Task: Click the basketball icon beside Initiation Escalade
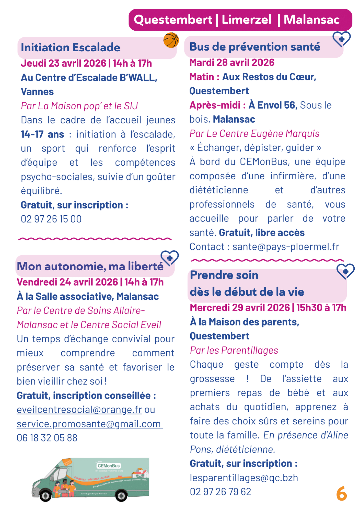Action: click(x=171, y=40)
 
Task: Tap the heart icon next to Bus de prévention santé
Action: click(x=341, y=39)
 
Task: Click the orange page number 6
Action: click(x=341, y=494)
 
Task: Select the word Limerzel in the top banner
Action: click(x=246, y=20)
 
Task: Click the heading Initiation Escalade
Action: click(x=71, y=48)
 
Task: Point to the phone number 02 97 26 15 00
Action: click(x=51, y=219)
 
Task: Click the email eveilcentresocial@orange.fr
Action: click(x=79, y=410)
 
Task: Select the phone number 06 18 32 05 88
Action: click(x=47, y=438)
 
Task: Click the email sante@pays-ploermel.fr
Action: click(x=286, y=247)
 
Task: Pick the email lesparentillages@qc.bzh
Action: click(x=244, y=478)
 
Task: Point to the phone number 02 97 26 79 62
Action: click(x=220, y=492)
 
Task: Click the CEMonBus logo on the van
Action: click(x=109, y=466)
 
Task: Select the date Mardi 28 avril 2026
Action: click(x=232, y=63)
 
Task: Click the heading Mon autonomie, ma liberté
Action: click(x=90, y=266)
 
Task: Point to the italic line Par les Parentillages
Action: click(x=234, y=350)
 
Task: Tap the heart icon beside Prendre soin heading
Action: click(x=345, y=271)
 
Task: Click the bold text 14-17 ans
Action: click(x=42, y=134)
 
